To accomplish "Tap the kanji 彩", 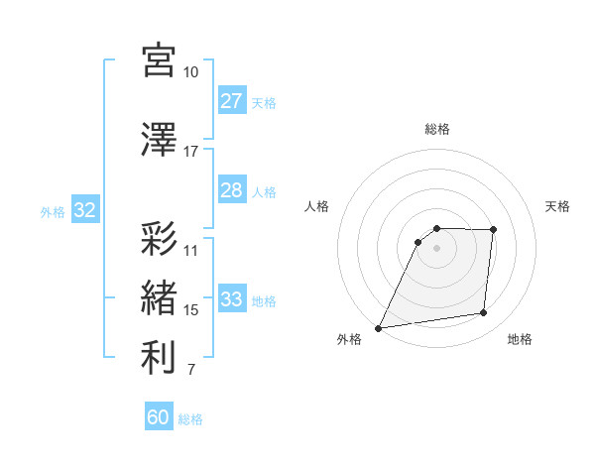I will click(x=159, y=240).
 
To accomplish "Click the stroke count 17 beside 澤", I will click(x=190, y=152).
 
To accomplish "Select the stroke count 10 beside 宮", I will click(x=190, y=72).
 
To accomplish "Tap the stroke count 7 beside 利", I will click(x=190, y=371).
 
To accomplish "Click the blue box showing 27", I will click(x=231, y=101).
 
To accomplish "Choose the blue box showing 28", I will click(x=231, y=190).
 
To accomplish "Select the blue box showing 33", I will click(x=231, y=299).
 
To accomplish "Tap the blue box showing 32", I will click(x=84, y=210).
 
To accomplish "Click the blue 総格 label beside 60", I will click(x=190, y=419).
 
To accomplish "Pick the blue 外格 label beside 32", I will click(x=53, y=211).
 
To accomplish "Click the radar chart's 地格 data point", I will click(x=484, y=313).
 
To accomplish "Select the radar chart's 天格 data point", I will click(x=494, y=230).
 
